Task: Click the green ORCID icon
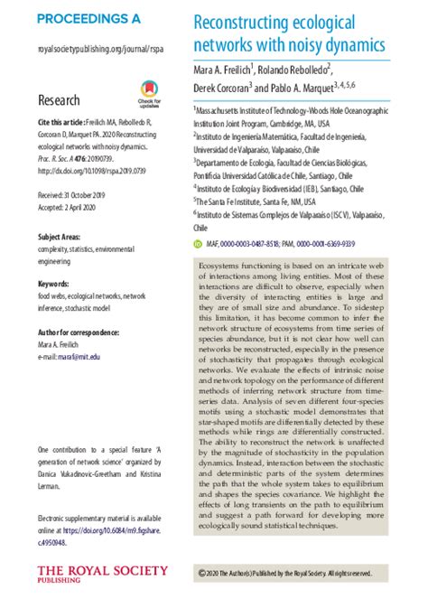coord(198,243)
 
